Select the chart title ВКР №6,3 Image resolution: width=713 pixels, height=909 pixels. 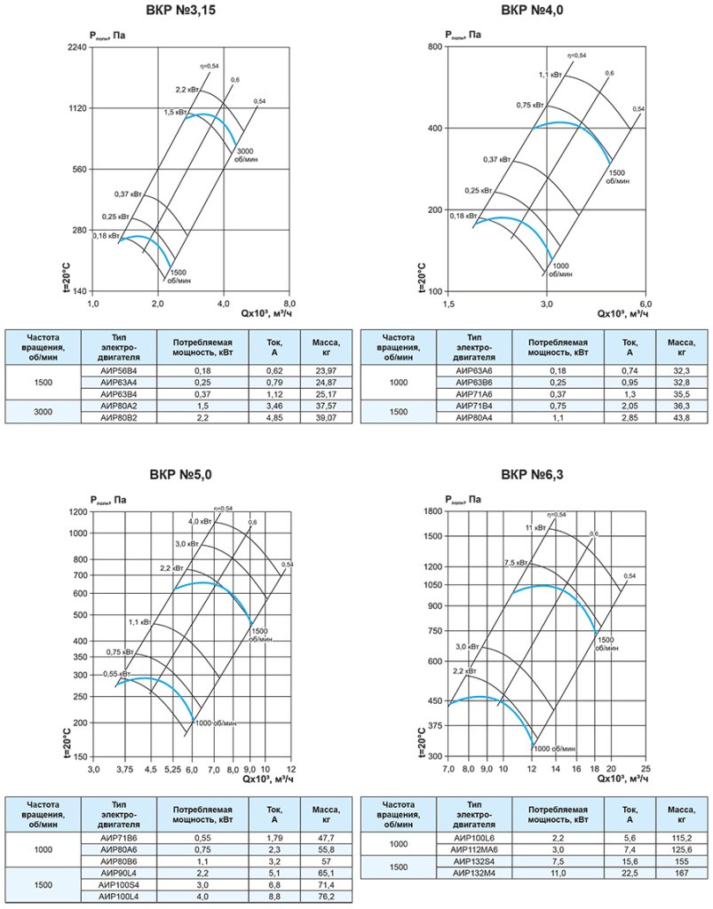pyautogui.click(x=532, y=474)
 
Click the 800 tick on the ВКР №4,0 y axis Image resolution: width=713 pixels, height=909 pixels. pyautogui.click(x=434, y=46)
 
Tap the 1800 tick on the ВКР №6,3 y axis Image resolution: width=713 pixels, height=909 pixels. pyautogui.click(x=431, y=511)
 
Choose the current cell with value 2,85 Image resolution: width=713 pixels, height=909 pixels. pyautogui.click(x=629, y=415)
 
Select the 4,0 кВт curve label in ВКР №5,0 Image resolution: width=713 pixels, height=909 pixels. pyautogui.click(x=199, y=520)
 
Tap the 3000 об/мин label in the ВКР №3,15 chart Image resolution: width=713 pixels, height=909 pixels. pyautogui.click(x=244, y=155)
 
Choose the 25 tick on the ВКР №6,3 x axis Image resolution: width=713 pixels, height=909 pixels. pyautogui.click(x=646, y=770)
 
